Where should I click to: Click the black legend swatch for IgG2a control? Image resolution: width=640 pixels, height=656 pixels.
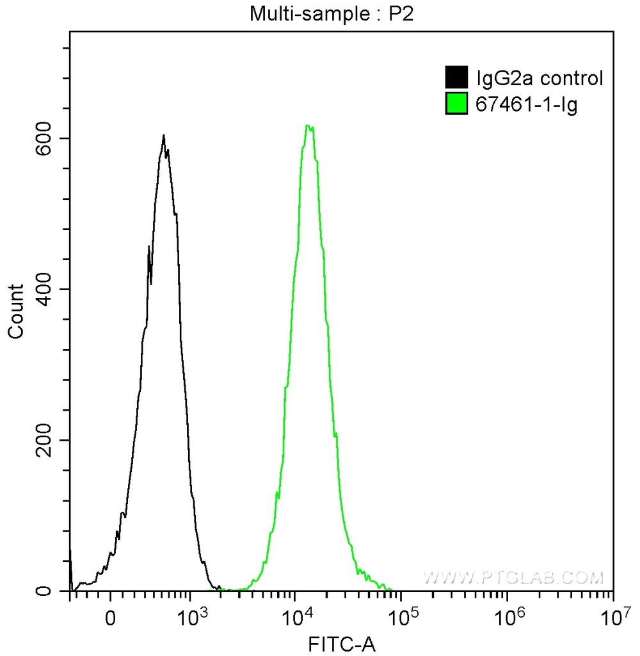click(x=456, y=78)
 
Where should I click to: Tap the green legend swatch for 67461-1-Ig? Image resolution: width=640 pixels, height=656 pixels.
click(x=456, y=103)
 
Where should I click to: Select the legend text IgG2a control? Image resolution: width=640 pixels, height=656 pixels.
click(x=539, y=78)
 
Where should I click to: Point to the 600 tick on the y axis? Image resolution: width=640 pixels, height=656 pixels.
click(x=51, y=138)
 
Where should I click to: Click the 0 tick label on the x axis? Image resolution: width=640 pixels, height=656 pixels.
click(x=111, y=619)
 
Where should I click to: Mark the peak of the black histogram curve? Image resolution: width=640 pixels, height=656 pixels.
click(x=164, y=135)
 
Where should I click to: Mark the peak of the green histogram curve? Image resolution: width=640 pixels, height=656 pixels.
click(x=308, y=126)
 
